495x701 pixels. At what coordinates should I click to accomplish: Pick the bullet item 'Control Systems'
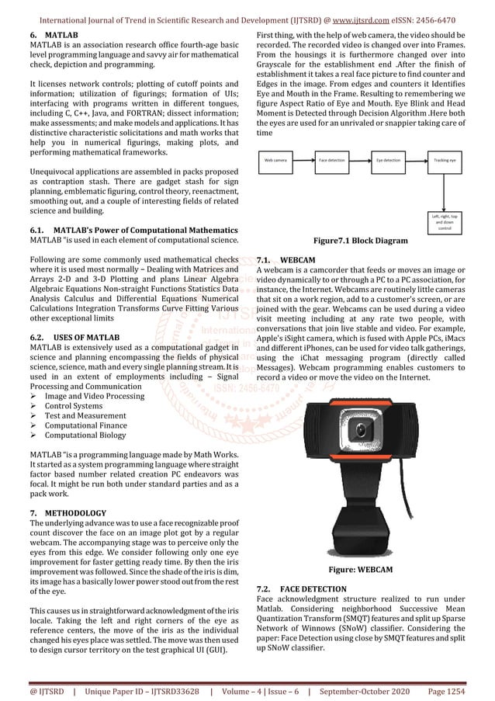[73, 405]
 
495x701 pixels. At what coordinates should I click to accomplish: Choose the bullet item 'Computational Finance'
[85, 425]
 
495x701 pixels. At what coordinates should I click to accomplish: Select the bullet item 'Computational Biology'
[85, 436]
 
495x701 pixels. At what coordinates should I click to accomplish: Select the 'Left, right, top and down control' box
[445, 221]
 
